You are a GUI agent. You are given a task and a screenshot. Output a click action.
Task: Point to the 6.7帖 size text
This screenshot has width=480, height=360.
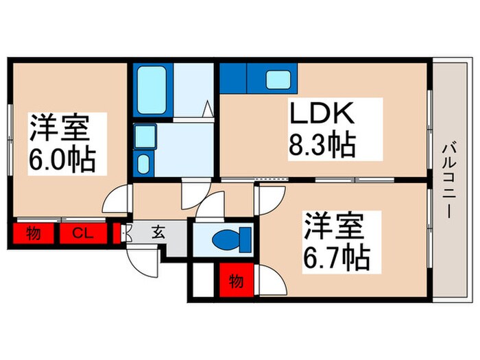coord(336,258)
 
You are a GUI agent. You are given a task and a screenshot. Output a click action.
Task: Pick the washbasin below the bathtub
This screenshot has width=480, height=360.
coord(144,163)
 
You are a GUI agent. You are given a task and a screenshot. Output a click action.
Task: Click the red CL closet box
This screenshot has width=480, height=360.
coord(83,234)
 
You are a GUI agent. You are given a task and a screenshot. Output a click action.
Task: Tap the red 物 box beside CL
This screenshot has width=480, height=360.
coord(32,234)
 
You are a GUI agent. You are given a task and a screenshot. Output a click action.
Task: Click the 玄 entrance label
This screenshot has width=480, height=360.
coord(158,233)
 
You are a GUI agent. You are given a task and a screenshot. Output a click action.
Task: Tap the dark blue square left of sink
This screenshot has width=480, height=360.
coord(232,78)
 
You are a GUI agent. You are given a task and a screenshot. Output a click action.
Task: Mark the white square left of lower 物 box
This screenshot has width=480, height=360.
coord(204,281)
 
